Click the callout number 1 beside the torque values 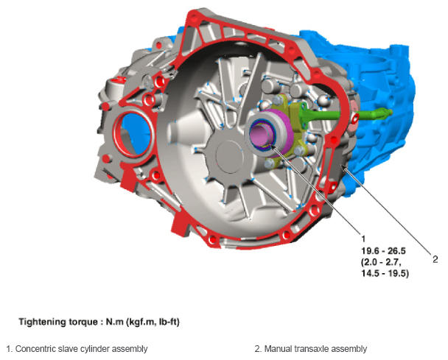click(x=363, y=239)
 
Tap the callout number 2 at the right click(x=435, y=259)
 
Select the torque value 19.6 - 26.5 click(x=383, y=251)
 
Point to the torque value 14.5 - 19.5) click(x=385, y=273)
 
